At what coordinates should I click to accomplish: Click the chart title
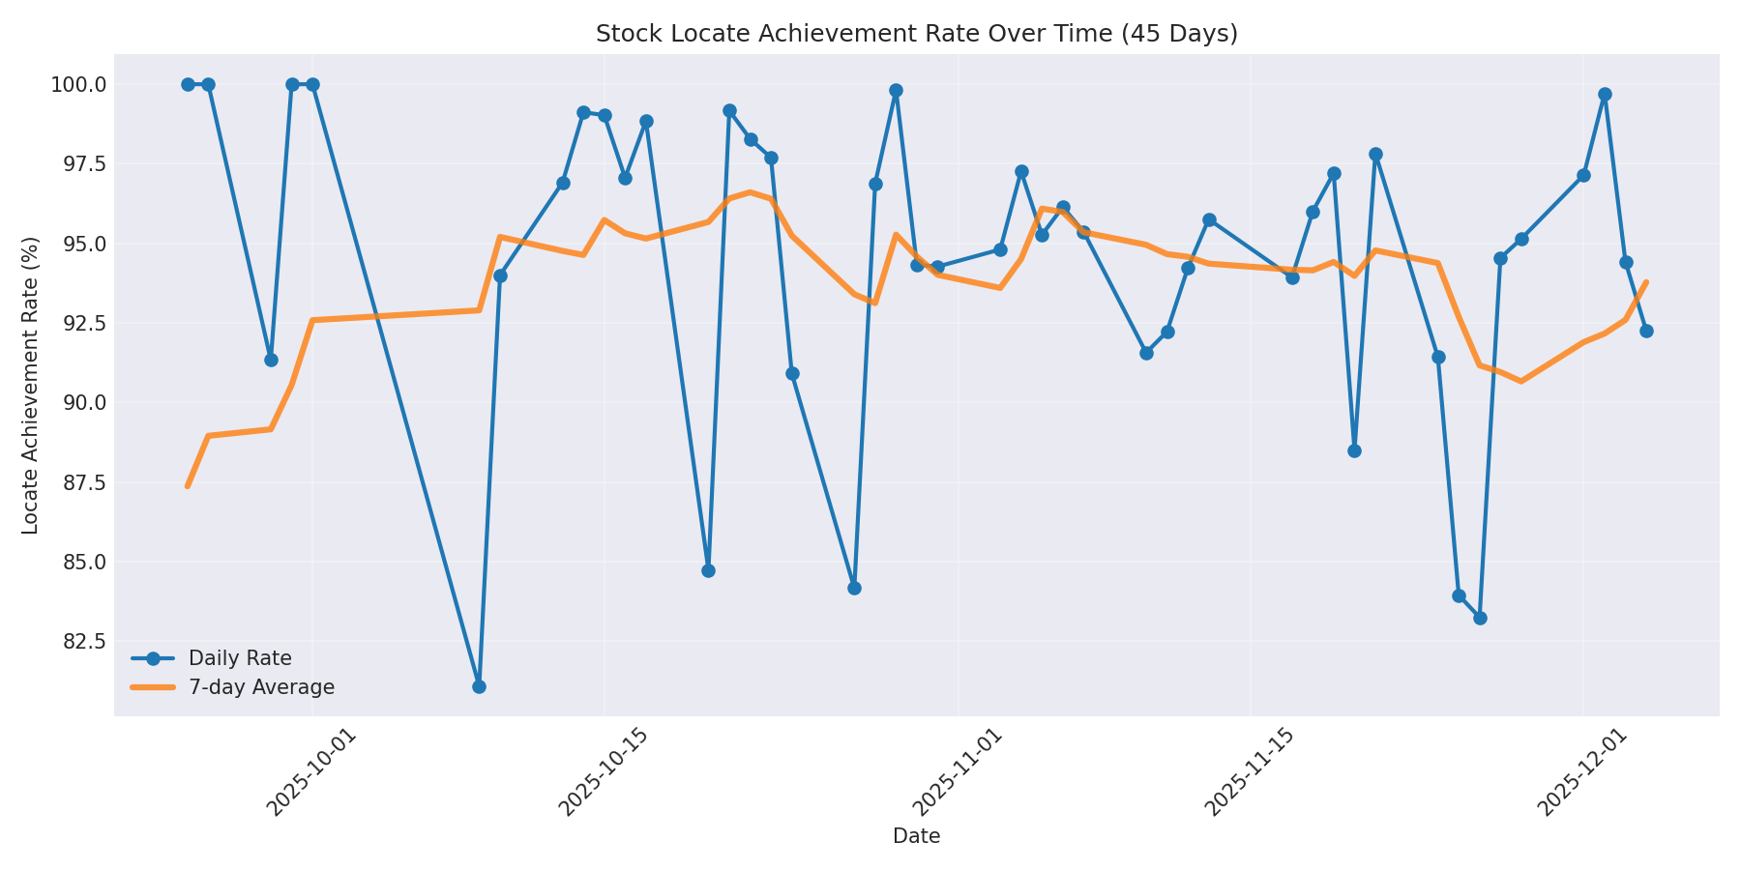tap(916, 34)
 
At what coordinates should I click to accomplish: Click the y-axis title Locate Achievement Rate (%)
tap(31, 385)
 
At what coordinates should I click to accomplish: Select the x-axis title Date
tap(916, 836)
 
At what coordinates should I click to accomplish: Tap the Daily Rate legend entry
tap(240, 658)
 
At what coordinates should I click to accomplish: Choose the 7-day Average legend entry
tap(261, 687)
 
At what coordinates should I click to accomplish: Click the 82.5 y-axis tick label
tap(84, 642)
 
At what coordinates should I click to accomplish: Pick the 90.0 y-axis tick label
tap(84, 403)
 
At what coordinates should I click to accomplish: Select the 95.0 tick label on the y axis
tap(84, 244)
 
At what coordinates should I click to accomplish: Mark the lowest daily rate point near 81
tap(479, 686)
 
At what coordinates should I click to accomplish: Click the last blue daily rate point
tap(1646, 331)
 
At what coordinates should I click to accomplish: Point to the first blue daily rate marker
tap(188, 84)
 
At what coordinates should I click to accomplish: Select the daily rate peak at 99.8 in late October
tap(896, 90)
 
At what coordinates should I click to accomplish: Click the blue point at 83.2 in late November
tap(1480, 618)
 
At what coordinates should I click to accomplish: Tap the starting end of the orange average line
tap(188, 486)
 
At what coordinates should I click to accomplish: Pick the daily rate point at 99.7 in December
tap(1605, 94)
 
